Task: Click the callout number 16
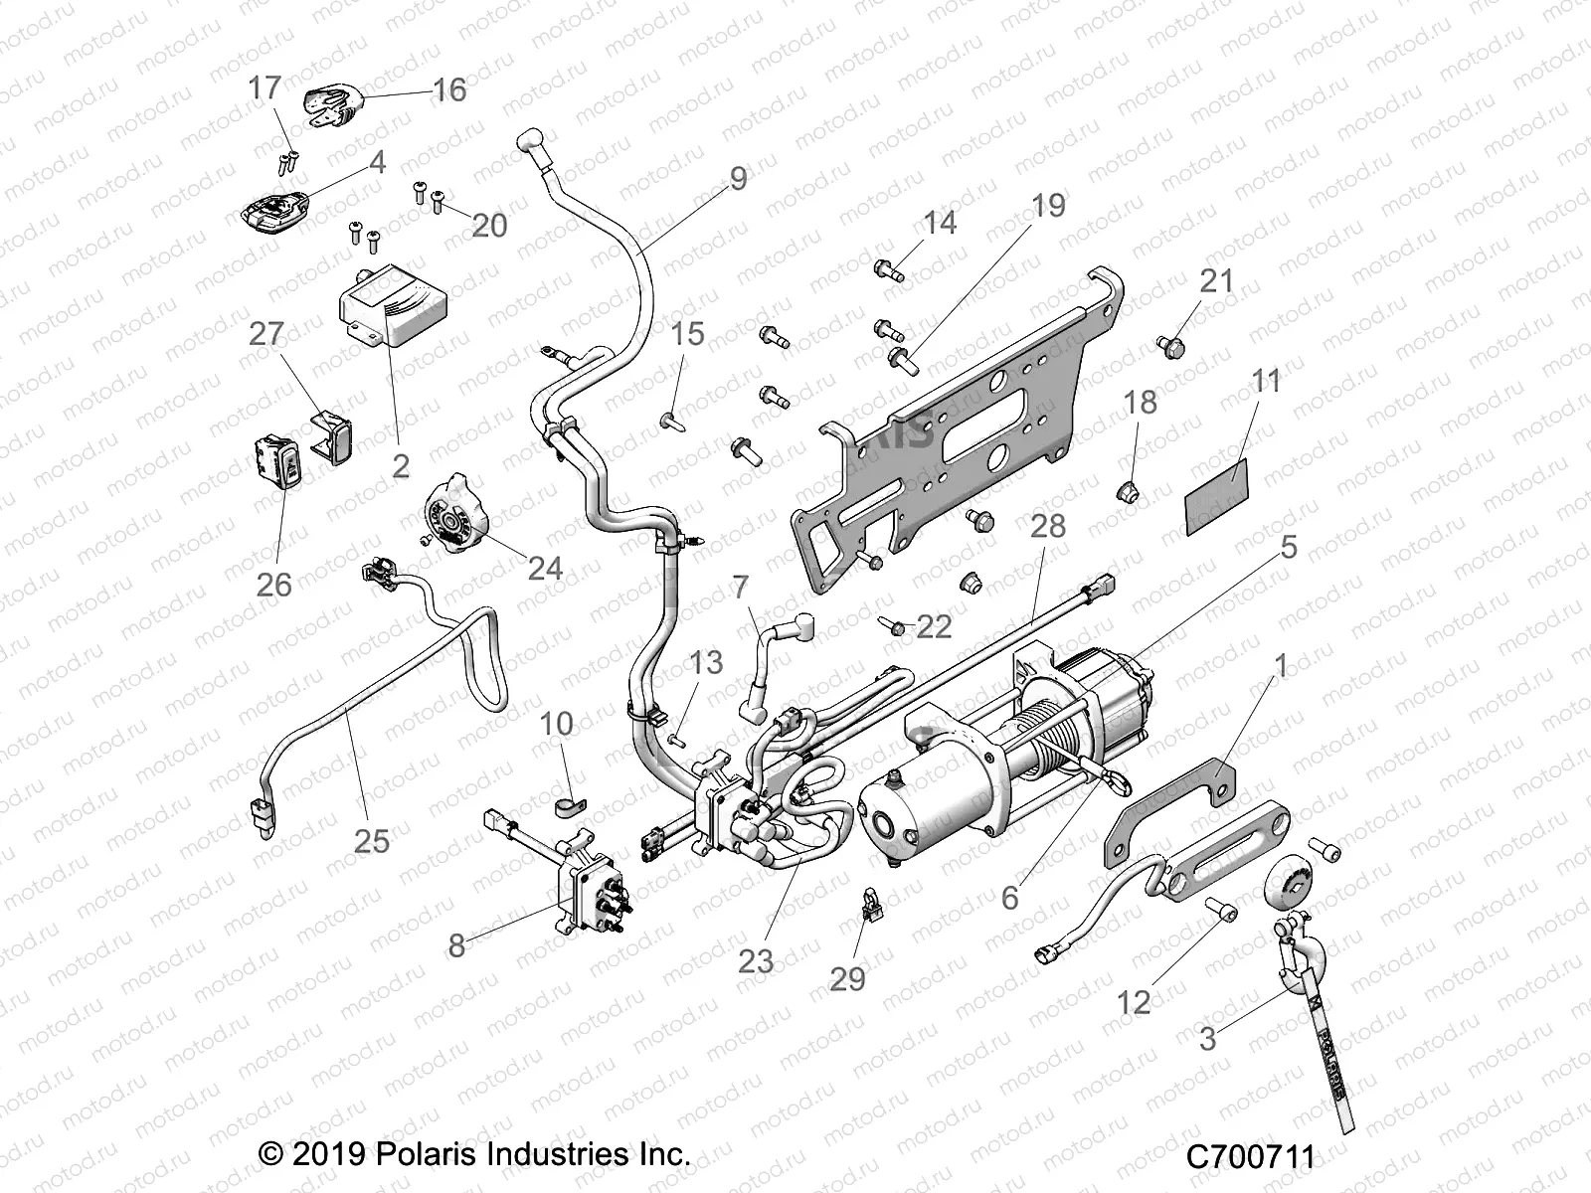click(449, 90)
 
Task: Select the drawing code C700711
click(1250, 1157)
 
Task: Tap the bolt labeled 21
click(1169, 347)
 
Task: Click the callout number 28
click(1048, 526)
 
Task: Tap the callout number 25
click(372, 841)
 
